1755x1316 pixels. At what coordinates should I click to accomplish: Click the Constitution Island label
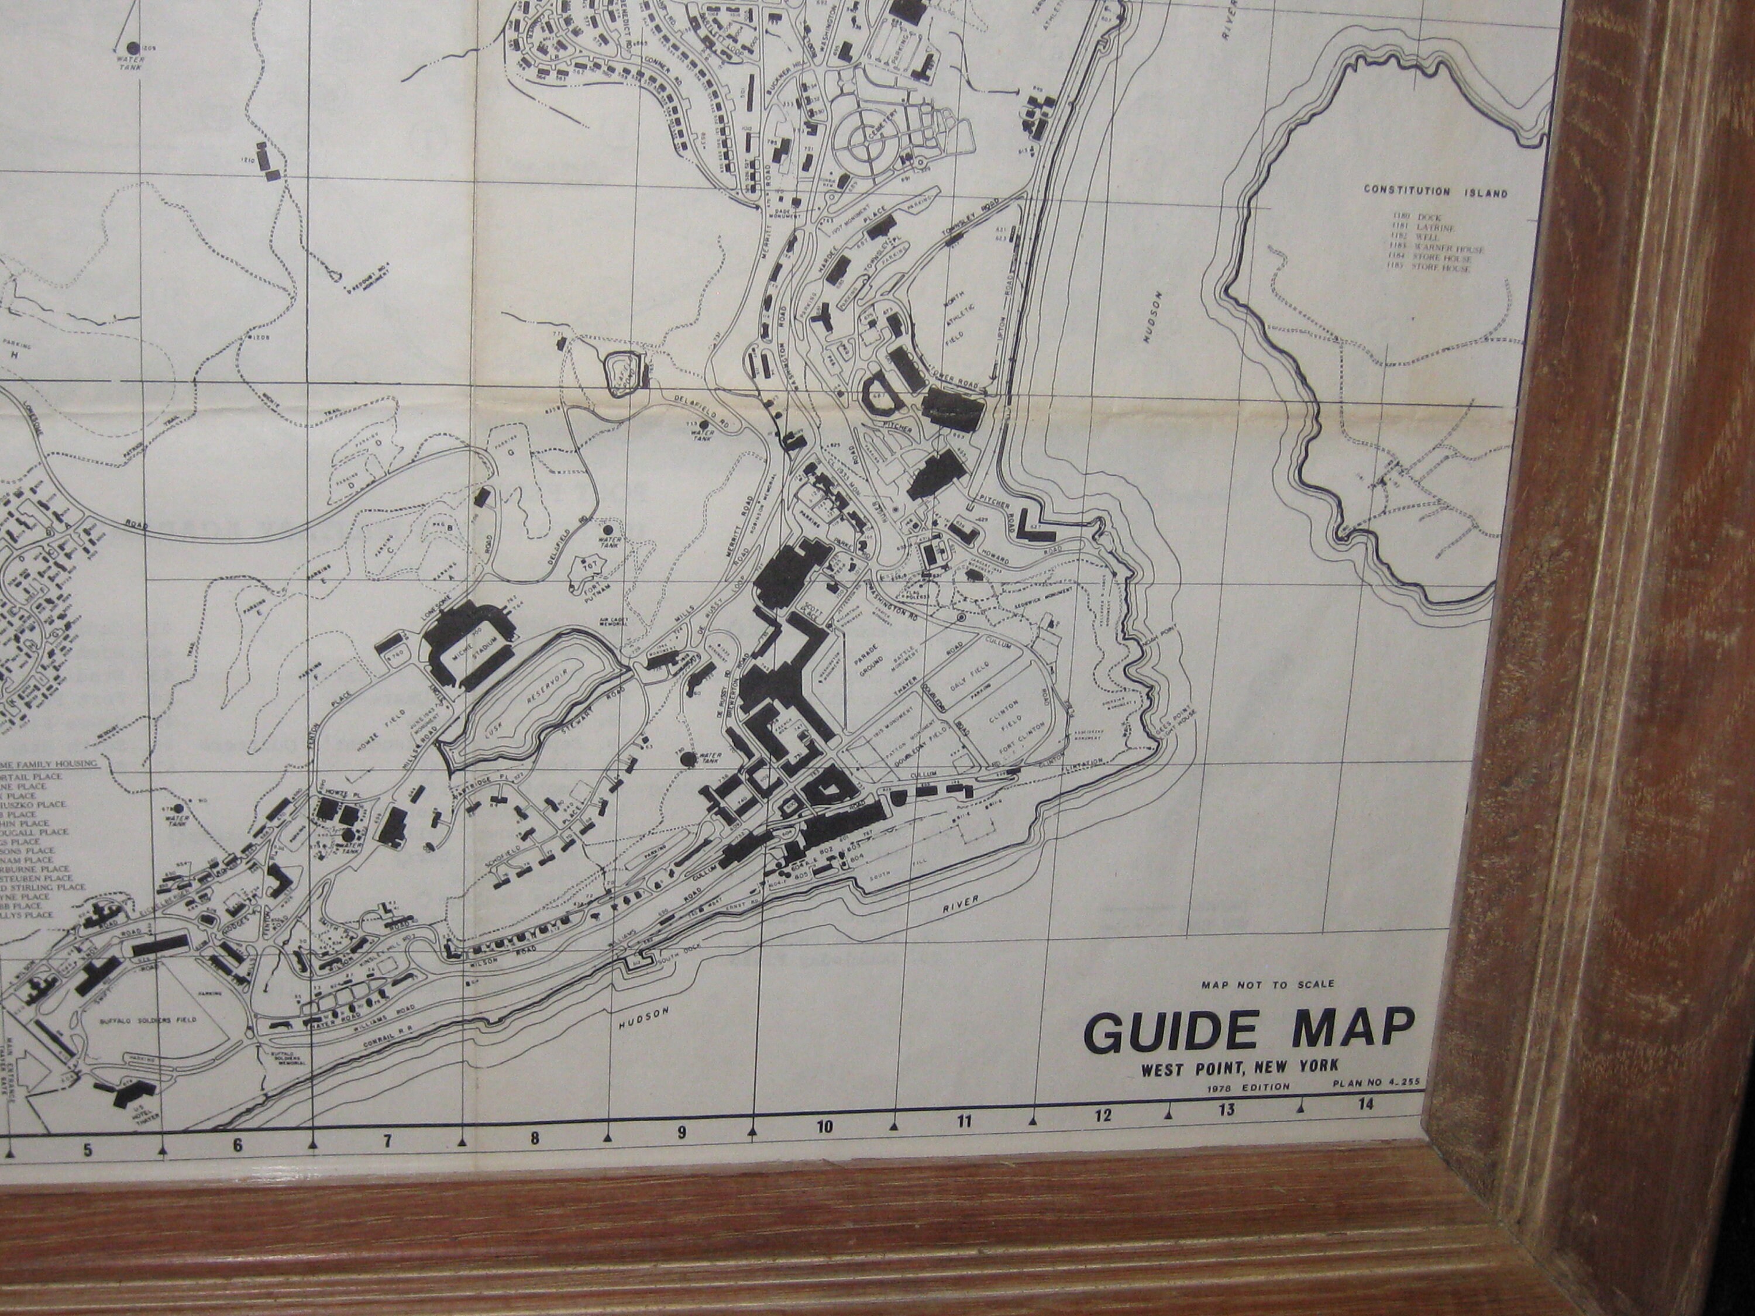click(x=1435, y=192)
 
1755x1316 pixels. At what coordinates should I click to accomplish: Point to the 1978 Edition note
click(x=1248, y=1087)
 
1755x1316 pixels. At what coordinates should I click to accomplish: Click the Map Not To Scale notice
click(x=1268, y=984)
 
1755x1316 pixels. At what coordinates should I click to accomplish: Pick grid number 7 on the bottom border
click(x=387, y=1142)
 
